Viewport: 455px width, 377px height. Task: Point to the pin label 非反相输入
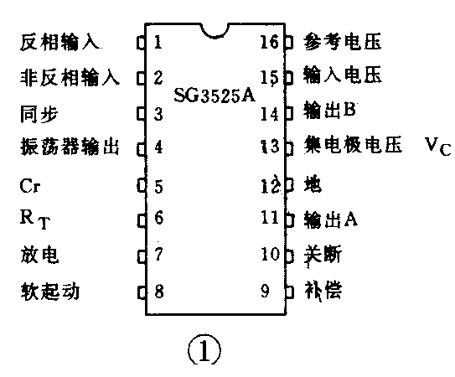tap(70, 78)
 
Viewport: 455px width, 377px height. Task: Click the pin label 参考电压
tap(333, 41)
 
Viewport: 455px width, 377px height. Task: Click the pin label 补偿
tap(322, 292)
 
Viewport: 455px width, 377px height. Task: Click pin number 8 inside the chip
tap(158, 292)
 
